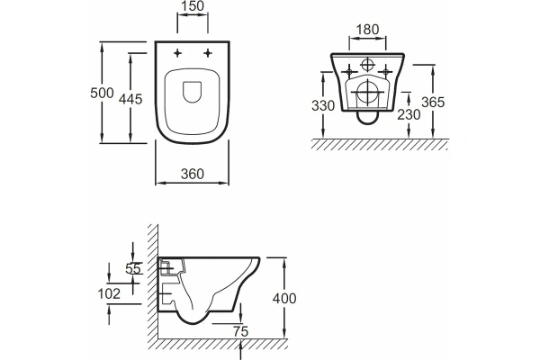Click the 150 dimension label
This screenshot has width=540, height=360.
(193, 6)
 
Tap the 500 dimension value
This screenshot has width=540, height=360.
(102, 93)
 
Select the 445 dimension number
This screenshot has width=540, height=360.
(130, 99)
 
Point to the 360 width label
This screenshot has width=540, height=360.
(193, 174)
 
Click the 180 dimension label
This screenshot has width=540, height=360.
(367, 30)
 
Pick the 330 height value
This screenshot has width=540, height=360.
(323, 106)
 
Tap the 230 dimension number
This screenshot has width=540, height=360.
(409, 114)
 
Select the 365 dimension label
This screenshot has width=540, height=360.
(433, 103)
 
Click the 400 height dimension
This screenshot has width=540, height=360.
(284, 298)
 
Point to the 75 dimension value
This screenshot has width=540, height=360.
(240, 332)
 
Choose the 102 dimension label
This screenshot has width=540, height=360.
(109, 294)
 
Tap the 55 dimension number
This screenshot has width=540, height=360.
(133, 269)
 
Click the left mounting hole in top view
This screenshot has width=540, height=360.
(177, 53)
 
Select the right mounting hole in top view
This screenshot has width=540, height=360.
(208, 53)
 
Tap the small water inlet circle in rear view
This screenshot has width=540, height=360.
(367, 65)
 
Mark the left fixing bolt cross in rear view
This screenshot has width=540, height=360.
(349, 72)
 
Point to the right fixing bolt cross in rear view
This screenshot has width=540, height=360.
(385, 72)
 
